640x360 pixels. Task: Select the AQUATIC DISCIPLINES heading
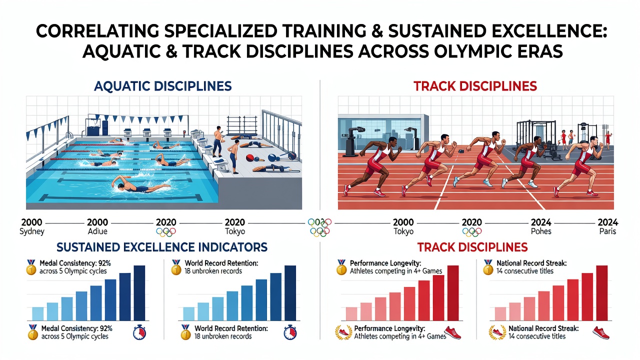click(x=162, y=86)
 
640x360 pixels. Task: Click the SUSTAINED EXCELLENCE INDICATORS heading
click(x=161, y=247)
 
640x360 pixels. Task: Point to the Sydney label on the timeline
click(x=31, y=231)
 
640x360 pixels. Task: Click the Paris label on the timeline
click(x=607, y=231)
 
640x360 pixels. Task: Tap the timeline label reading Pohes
click(x=541, y=231)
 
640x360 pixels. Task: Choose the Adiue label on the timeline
click(x=97, y=231)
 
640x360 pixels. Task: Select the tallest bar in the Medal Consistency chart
click(x=139, y=293)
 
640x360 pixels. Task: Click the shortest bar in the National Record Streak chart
click(x=500, y=313)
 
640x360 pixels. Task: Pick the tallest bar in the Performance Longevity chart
click(x=453, y=293)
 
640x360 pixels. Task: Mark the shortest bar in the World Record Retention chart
click(x=188, y=313)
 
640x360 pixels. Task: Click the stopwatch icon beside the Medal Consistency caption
click(x=139, y=332)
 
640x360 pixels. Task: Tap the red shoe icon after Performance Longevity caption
click(x=452, y=333)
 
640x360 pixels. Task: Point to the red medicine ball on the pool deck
click(x=250, y=157)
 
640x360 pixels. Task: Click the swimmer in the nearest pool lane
click(x=134, y=185)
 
